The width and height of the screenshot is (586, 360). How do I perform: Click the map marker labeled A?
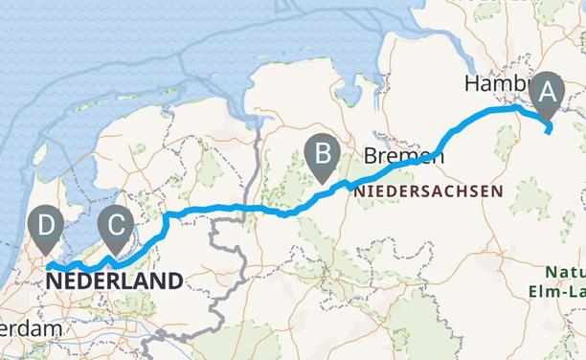548,93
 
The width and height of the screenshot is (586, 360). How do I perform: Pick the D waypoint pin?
45,228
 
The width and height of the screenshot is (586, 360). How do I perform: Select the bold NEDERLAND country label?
113,281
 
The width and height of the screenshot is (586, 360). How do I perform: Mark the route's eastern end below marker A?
548,132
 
